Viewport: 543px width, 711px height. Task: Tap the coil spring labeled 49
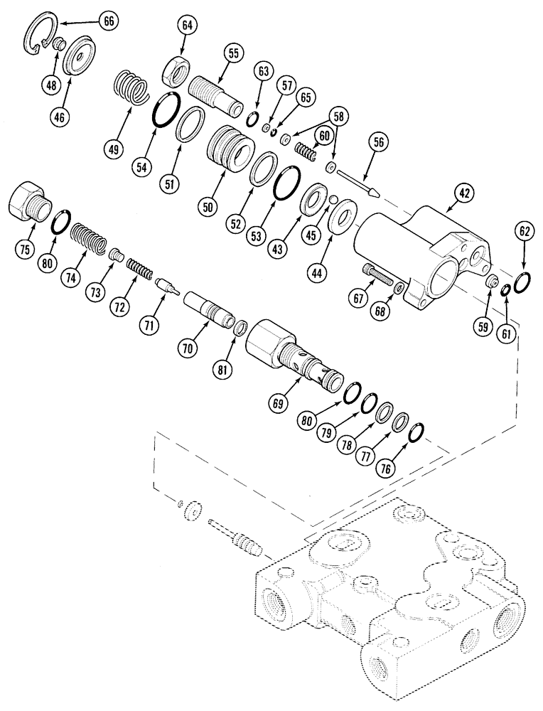pos(131,89)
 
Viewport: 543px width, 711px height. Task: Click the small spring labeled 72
pos(139,269)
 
